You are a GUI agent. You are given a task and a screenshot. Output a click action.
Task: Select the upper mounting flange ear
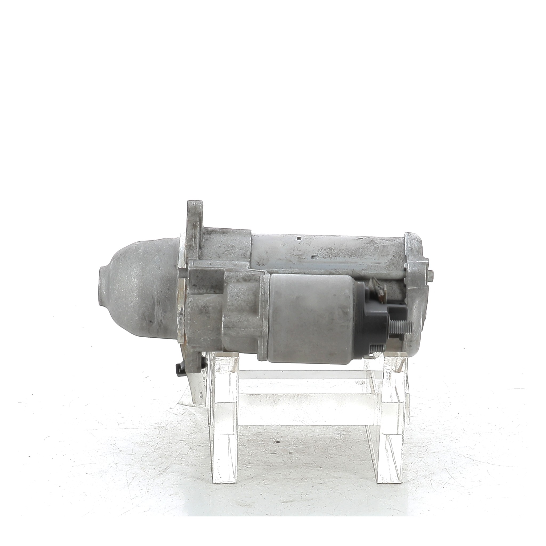click(x=195, y=215)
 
